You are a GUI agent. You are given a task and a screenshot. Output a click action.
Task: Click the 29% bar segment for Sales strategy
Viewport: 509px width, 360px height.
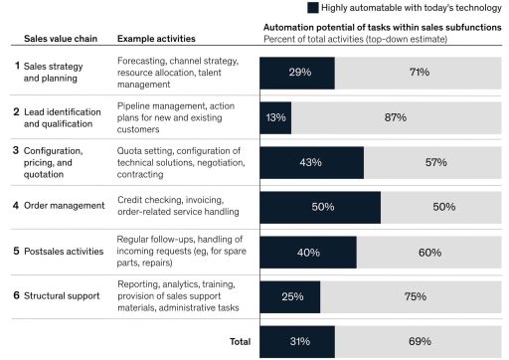[297, 74]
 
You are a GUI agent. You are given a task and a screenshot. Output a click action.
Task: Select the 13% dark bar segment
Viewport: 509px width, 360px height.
[275, 117]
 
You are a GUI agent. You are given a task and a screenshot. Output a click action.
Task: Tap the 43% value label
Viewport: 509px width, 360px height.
[312, 162]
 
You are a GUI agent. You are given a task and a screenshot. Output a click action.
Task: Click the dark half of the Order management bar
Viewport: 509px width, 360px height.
[320, 207]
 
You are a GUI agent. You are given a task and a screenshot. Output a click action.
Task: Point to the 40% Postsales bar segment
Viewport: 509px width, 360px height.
[308, 252]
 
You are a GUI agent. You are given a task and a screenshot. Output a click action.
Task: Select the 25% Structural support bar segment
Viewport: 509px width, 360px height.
[290, 296]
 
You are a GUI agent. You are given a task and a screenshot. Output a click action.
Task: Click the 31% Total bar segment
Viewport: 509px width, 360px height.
[297, 341]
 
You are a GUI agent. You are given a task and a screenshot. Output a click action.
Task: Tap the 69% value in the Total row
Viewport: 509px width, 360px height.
[420, 341]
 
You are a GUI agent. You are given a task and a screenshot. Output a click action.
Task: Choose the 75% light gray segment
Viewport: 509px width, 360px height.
[414, 296]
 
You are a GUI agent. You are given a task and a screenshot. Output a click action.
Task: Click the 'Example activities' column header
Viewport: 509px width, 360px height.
[156, 39]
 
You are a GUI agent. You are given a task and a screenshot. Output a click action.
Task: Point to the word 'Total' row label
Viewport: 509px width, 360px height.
[240, 341]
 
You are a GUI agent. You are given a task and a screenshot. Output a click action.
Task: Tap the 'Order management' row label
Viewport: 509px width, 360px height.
[65, 206]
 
